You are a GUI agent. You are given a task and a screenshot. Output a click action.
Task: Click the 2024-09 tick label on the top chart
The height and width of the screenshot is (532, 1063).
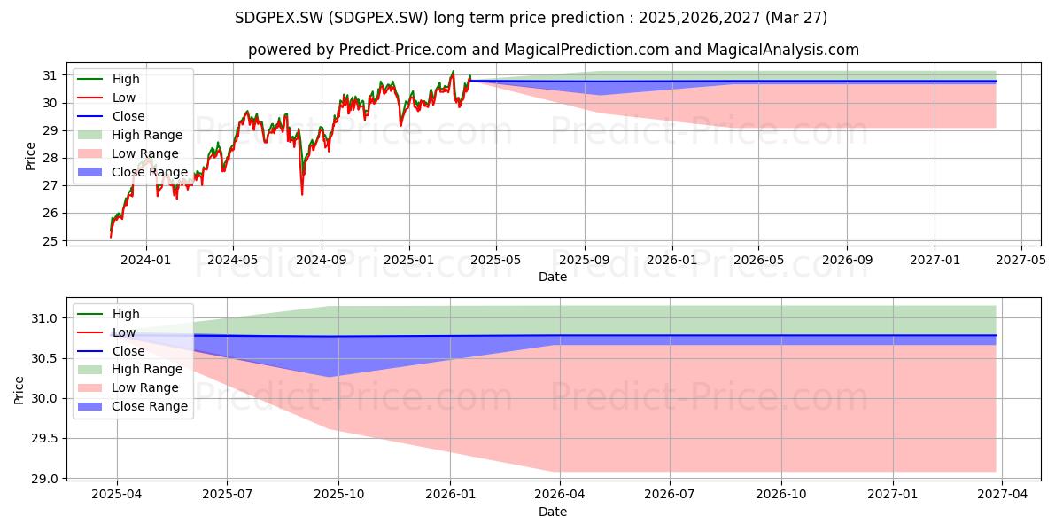[322, 260]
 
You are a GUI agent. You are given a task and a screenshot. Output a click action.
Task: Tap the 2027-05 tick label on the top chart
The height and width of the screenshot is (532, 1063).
[1020, 260]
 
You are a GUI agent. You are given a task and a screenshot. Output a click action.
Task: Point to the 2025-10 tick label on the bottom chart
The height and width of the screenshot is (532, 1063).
[338, 494]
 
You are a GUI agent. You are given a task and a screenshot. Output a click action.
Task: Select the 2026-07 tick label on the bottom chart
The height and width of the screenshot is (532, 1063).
[669, 494]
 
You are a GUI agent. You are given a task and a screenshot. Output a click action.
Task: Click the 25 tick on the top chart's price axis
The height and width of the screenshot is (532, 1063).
[50, 241]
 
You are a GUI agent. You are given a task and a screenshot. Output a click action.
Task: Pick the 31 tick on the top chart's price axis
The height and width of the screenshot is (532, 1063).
[50, 75]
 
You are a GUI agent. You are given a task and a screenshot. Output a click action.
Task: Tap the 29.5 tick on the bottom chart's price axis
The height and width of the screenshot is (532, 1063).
[44, 438]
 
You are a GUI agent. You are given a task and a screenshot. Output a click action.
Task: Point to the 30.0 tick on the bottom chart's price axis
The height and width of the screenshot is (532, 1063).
[44, 398]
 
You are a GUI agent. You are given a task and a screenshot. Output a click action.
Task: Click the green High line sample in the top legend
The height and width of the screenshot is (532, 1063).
[89, 79]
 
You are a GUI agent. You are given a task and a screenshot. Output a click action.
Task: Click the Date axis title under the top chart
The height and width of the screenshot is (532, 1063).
[553, 277]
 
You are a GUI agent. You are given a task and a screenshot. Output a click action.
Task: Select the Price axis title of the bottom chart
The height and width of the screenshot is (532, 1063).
[19, 390]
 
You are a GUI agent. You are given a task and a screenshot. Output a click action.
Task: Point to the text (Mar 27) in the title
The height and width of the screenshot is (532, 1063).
[796, 18]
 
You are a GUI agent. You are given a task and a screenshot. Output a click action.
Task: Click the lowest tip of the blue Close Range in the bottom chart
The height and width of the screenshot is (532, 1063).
[329, 377]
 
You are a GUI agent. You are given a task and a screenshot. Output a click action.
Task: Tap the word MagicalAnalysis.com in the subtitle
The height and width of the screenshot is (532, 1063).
[783, 50]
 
